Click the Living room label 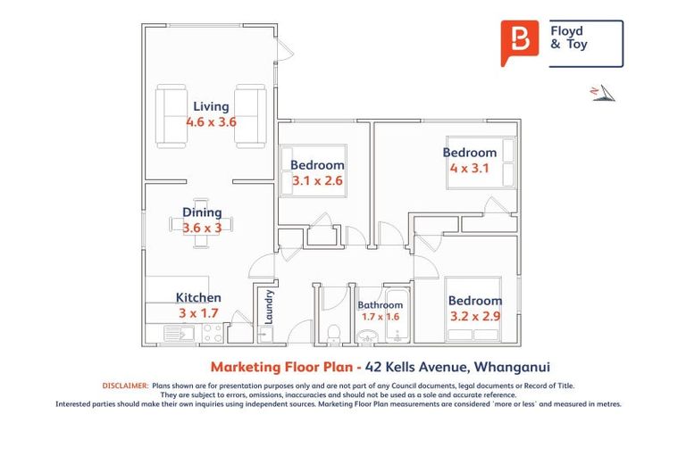click(211, 107)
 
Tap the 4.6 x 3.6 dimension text click(211, 122)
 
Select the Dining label click(202, 212)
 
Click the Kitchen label click(198, 298)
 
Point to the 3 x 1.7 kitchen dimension click(198, 313)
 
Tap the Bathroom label click(381, 303)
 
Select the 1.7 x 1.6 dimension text click(381, 316)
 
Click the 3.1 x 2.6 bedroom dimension click(317, 180)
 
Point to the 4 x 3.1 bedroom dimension click(470, 168)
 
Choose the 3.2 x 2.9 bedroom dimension click(475, 316)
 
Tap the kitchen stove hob click(213, 333)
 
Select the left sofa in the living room click(171, 115)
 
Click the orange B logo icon click(520, 42)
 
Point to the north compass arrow click(602, 93)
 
